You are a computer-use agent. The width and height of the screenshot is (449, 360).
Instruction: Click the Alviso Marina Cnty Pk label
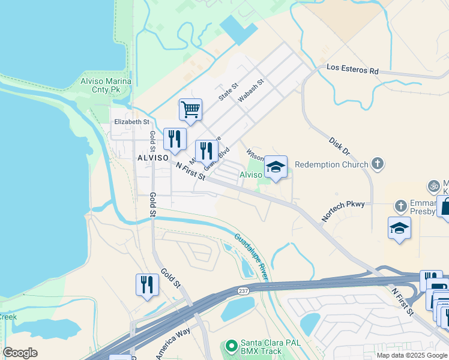point(106,85)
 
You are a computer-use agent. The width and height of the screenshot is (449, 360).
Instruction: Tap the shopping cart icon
point(190,110)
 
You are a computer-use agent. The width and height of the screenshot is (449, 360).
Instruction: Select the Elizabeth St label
point(131,122)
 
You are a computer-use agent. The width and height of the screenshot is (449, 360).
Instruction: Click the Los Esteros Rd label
point(352,70)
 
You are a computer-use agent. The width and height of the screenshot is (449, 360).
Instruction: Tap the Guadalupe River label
point(250,256)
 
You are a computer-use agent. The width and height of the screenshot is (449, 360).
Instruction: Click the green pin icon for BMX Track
point(231,347)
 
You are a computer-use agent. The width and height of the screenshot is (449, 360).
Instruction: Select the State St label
point(229,92)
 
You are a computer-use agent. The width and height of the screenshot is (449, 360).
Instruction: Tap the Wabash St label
point(252,91)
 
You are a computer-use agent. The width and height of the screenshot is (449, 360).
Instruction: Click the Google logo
point(20,353)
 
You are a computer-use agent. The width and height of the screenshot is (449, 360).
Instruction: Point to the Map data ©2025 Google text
point(412,355)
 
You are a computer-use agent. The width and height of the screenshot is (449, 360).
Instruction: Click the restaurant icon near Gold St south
point(147,284)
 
